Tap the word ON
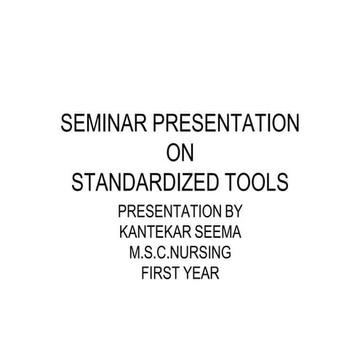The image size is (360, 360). pyautogui.click(x=180, y=153)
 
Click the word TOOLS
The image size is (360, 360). pyautogui.click(x=259, y=181)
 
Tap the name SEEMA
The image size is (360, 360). pyautogui.click(x=215, y=233)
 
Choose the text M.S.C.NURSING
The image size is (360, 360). pyautogui.click(x=180, y=254)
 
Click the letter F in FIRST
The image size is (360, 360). pyautogui.click(x=145, y=274)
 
